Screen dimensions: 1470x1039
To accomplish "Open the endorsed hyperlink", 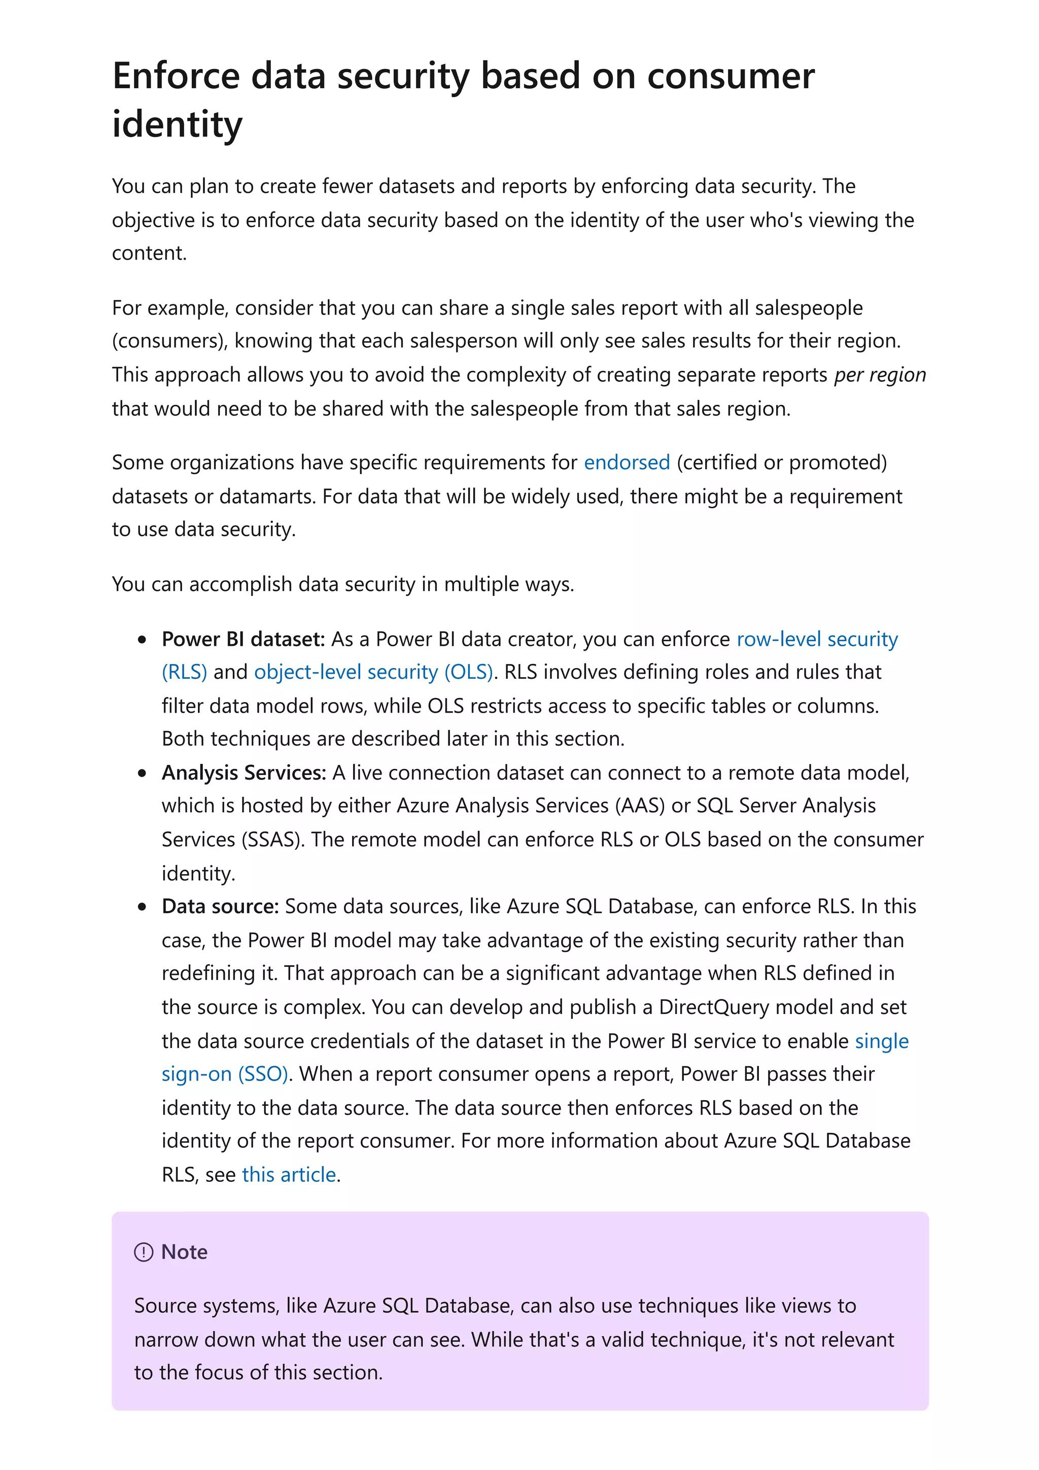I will pos(626,462).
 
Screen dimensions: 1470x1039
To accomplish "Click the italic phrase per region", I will pos(880,374).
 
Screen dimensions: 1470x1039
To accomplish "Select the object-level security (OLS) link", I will pos(373,672).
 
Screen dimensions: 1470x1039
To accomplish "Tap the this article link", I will pos(289,1174).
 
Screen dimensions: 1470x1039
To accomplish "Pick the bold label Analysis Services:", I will pos(244,773).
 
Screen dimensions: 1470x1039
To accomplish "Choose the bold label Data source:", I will pos(220,906).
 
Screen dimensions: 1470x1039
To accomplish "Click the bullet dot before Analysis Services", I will pos(142,774).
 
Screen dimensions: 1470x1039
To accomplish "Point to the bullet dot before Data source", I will pos(142,907).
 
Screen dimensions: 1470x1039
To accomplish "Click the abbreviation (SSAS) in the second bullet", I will pos(271,839).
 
